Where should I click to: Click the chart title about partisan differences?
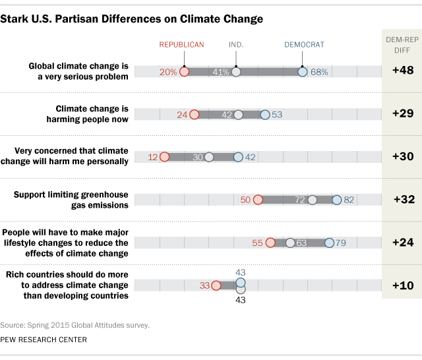coord(131,19)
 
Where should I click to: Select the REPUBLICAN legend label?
coord(182,45)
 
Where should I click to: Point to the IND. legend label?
coord(237,45)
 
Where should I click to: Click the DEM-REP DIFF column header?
coord(402,47)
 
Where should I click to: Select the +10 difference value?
coord(402,285)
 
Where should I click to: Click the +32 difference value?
coord(402,200)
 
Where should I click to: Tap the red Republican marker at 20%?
coord(185,72)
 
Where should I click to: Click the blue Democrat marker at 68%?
coord(303,72)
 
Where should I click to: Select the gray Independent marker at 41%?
coord(236,72)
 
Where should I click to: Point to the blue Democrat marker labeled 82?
coord(337,200)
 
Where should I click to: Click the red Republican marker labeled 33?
coord(216,285)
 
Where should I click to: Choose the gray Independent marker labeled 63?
coord(290,243)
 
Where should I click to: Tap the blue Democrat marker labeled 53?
coord(265,115)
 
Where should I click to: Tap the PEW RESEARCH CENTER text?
coord(44,340)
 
